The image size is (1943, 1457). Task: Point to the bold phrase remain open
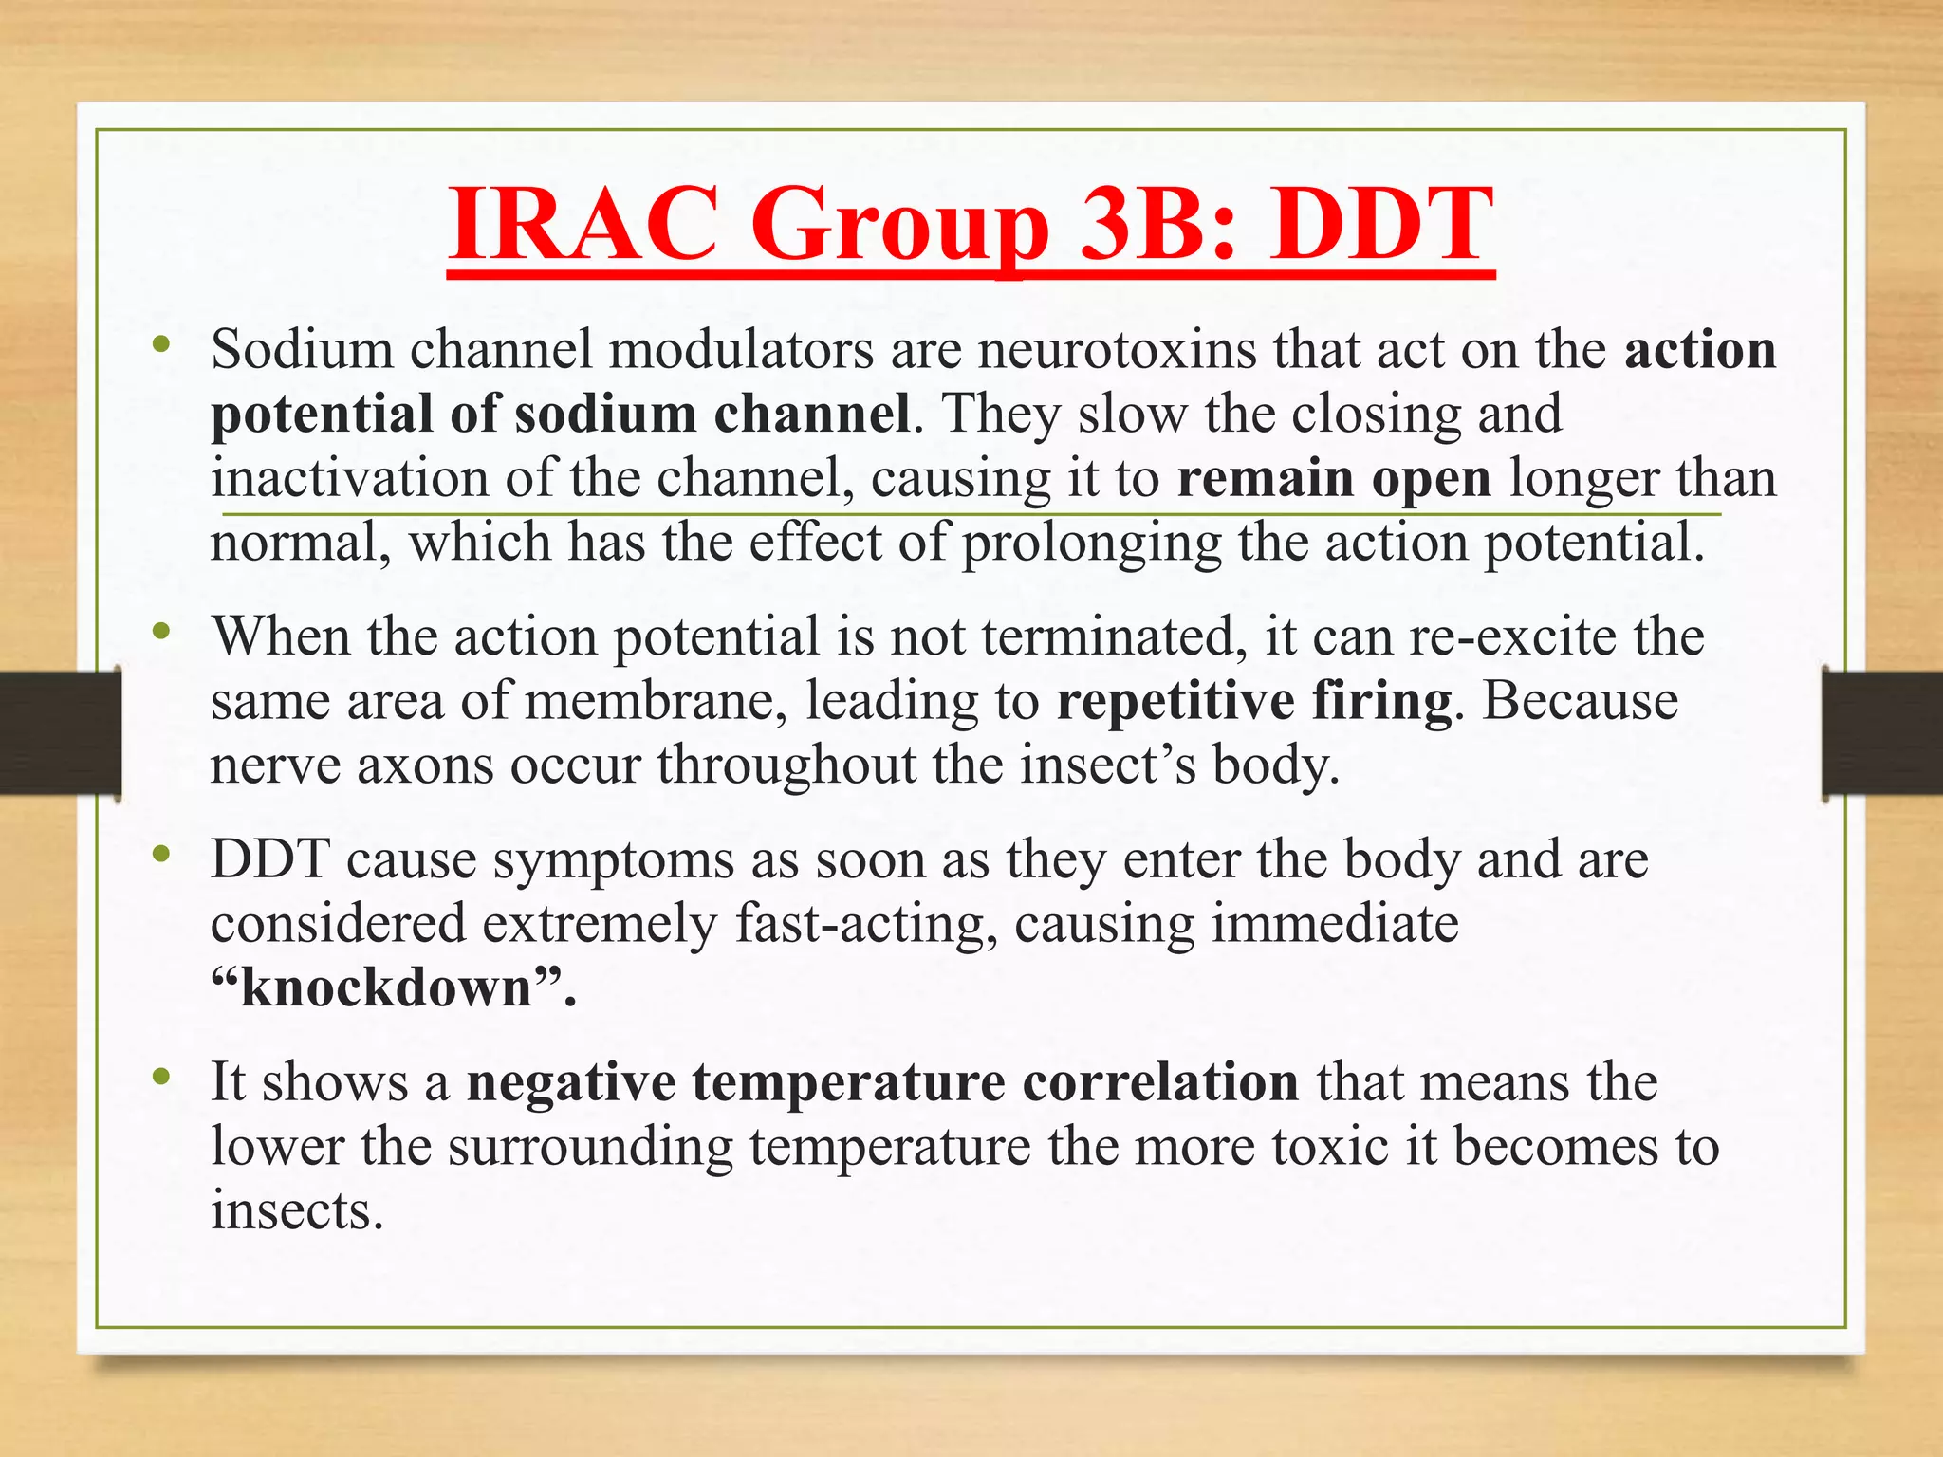1334,478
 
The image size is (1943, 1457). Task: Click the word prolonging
1091,544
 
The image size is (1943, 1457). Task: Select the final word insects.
296,1210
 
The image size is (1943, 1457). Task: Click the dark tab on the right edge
1882,732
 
